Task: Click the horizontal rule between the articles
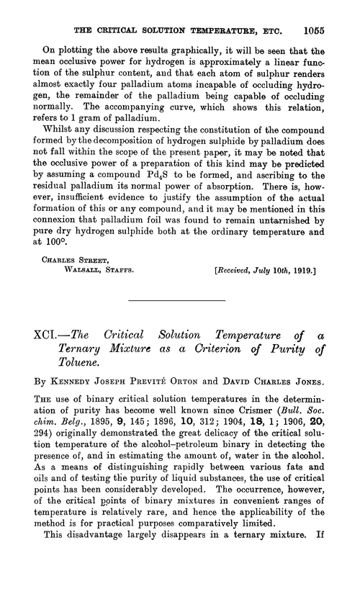click(179, 300)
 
